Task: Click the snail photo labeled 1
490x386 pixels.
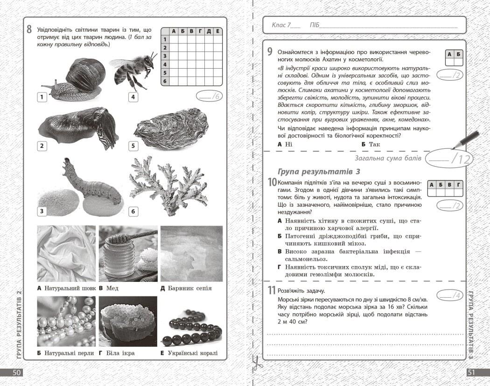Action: point(70,79)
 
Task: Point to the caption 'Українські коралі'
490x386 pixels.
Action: point(192,353)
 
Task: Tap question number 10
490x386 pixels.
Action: point(272,182)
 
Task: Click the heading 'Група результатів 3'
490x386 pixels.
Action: point(319,171)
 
